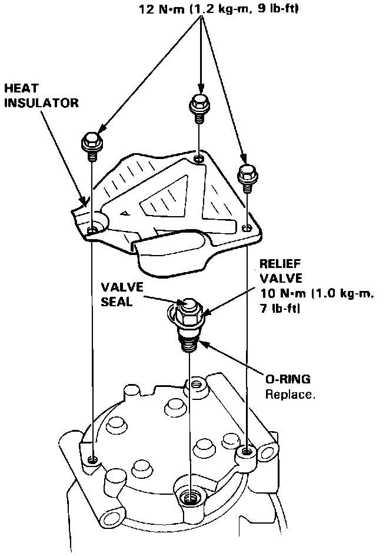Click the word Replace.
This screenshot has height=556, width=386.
point(289,395)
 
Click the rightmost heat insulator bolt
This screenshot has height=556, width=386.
point(246,176)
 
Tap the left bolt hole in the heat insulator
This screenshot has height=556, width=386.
point(91,229)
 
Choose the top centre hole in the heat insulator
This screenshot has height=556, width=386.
point(199,158)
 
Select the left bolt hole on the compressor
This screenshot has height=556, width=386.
point(91,458)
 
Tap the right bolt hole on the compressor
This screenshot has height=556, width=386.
point(246,451)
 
